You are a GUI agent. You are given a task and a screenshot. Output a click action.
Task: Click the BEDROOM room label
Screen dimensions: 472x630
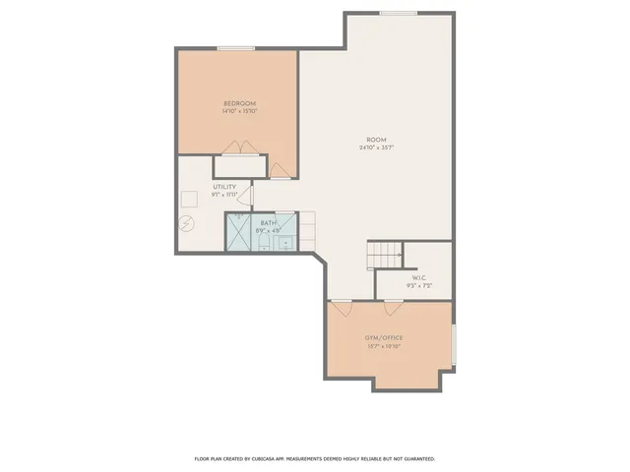[239, 103]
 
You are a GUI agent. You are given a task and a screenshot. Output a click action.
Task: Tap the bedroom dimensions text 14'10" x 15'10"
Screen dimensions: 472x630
[239, 111]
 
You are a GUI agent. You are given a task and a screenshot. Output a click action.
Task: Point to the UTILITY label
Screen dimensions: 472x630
[224, 187]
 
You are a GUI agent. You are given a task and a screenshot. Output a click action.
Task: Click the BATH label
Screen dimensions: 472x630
[268, 224]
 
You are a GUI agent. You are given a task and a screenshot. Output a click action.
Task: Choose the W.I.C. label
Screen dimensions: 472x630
[419, 278]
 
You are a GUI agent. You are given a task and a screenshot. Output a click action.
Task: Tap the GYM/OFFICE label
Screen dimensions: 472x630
[385, 338]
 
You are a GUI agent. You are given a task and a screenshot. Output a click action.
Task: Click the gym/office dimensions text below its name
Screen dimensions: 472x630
[385, 347]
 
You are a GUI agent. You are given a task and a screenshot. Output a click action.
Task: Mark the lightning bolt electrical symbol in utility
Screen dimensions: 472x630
[187, 224]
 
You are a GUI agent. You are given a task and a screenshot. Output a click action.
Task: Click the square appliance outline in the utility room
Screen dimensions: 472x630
[188, 198]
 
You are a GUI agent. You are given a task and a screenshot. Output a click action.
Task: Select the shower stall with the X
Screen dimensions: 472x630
[239, 232]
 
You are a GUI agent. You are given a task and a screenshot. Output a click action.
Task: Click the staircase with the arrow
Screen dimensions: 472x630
[385, 255]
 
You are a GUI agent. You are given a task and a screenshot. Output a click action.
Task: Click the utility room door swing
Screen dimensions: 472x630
[250, 196]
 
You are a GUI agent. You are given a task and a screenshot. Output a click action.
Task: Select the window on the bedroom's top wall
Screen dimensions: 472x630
[236, 48]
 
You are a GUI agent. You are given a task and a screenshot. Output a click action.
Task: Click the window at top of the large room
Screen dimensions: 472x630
[399, 13]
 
